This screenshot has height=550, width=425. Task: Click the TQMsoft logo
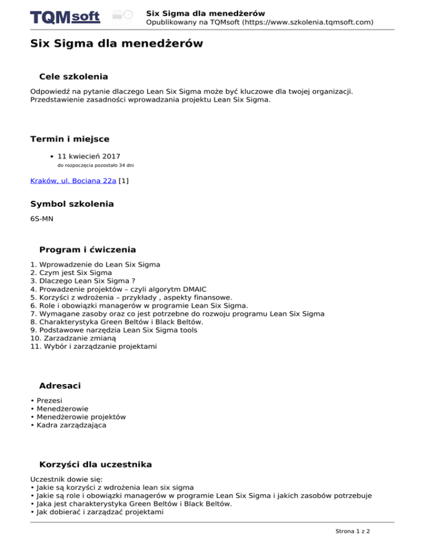pos(65,17)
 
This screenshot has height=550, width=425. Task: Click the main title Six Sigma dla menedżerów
pos(116,43)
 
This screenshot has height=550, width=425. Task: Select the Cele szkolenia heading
pos(74,76)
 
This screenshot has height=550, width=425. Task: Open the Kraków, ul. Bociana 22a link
pos(73,180)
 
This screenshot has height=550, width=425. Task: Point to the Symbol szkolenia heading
pos(72,204)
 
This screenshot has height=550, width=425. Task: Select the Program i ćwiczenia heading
pos(87,250)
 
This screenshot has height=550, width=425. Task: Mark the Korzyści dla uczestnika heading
pos(96,464)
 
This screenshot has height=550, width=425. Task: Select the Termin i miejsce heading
pos(70,138)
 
